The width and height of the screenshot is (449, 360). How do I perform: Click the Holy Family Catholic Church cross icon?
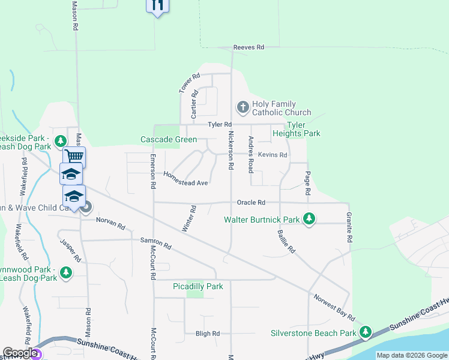[x=243, y=107]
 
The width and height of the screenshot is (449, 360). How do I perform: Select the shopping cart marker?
[x=74, y=157]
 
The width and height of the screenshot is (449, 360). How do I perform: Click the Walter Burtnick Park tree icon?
[x=309, y=219]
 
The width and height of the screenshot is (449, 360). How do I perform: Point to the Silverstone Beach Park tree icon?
[x=366, y=332]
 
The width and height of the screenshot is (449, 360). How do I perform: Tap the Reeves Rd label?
[x=249, y=47]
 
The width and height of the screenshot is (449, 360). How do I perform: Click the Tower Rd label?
[x=189, y=83]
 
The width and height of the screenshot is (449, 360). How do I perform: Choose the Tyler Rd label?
[x=220, y=124]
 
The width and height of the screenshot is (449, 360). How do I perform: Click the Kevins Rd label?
[x=273, y=155]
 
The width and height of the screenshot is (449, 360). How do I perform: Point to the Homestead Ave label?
[x=185, y=178]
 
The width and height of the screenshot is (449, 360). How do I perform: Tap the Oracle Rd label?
[x=251, y=203]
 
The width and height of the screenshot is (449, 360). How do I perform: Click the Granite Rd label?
[x=349, y=227]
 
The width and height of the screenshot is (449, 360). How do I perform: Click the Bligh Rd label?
[x=208, y=334]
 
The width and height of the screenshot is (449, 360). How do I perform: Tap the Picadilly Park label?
[x=198, y=286]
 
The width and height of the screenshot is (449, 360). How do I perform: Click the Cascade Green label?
[x=169, y=139]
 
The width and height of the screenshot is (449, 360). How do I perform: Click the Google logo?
[x=20, y=353]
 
